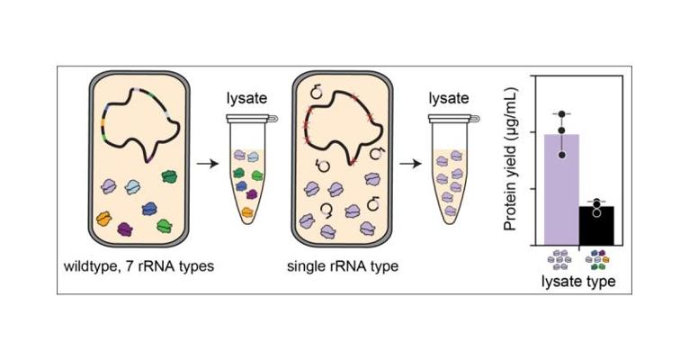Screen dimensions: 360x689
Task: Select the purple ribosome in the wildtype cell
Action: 126,231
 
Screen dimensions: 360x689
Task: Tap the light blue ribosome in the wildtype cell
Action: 133,186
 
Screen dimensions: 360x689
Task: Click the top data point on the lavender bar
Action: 562,114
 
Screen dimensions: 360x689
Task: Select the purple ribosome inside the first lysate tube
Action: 253,194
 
